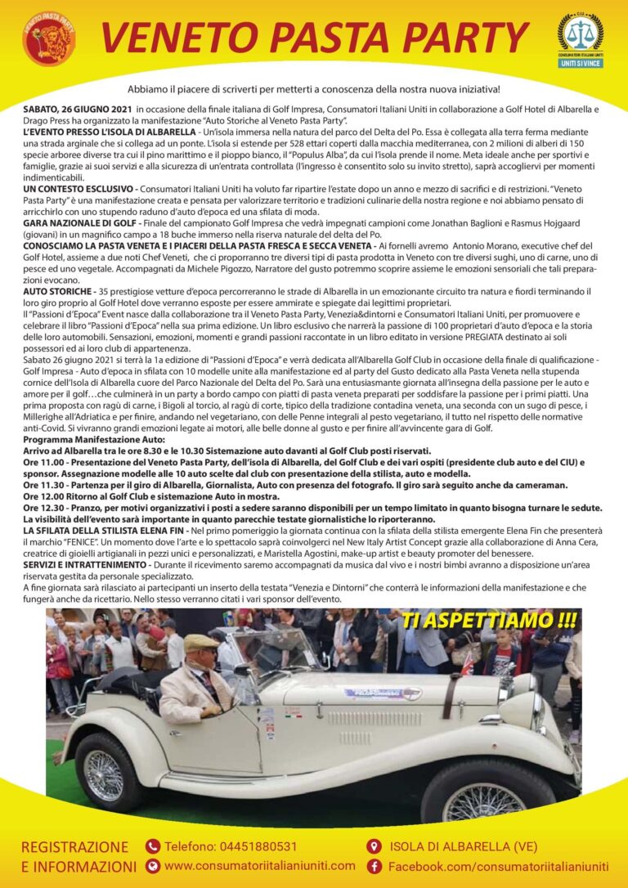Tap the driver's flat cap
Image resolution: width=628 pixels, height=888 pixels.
(200, 644)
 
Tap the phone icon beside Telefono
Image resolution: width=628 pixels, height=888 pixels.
(153, 846)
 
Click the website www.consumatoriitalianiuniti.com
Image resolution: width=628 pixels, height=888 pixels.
(260, 866)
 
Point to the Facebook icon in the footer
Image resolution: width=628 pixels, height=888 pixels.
(375, 866)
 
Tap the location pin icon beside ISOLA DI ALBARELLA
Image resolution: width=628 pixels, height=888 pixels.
(375, 846)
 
